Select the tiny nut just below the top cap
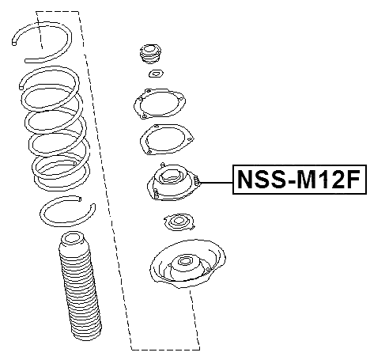click(x=155, y=75)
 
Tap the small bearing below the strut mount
click(x=177, y=223)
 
